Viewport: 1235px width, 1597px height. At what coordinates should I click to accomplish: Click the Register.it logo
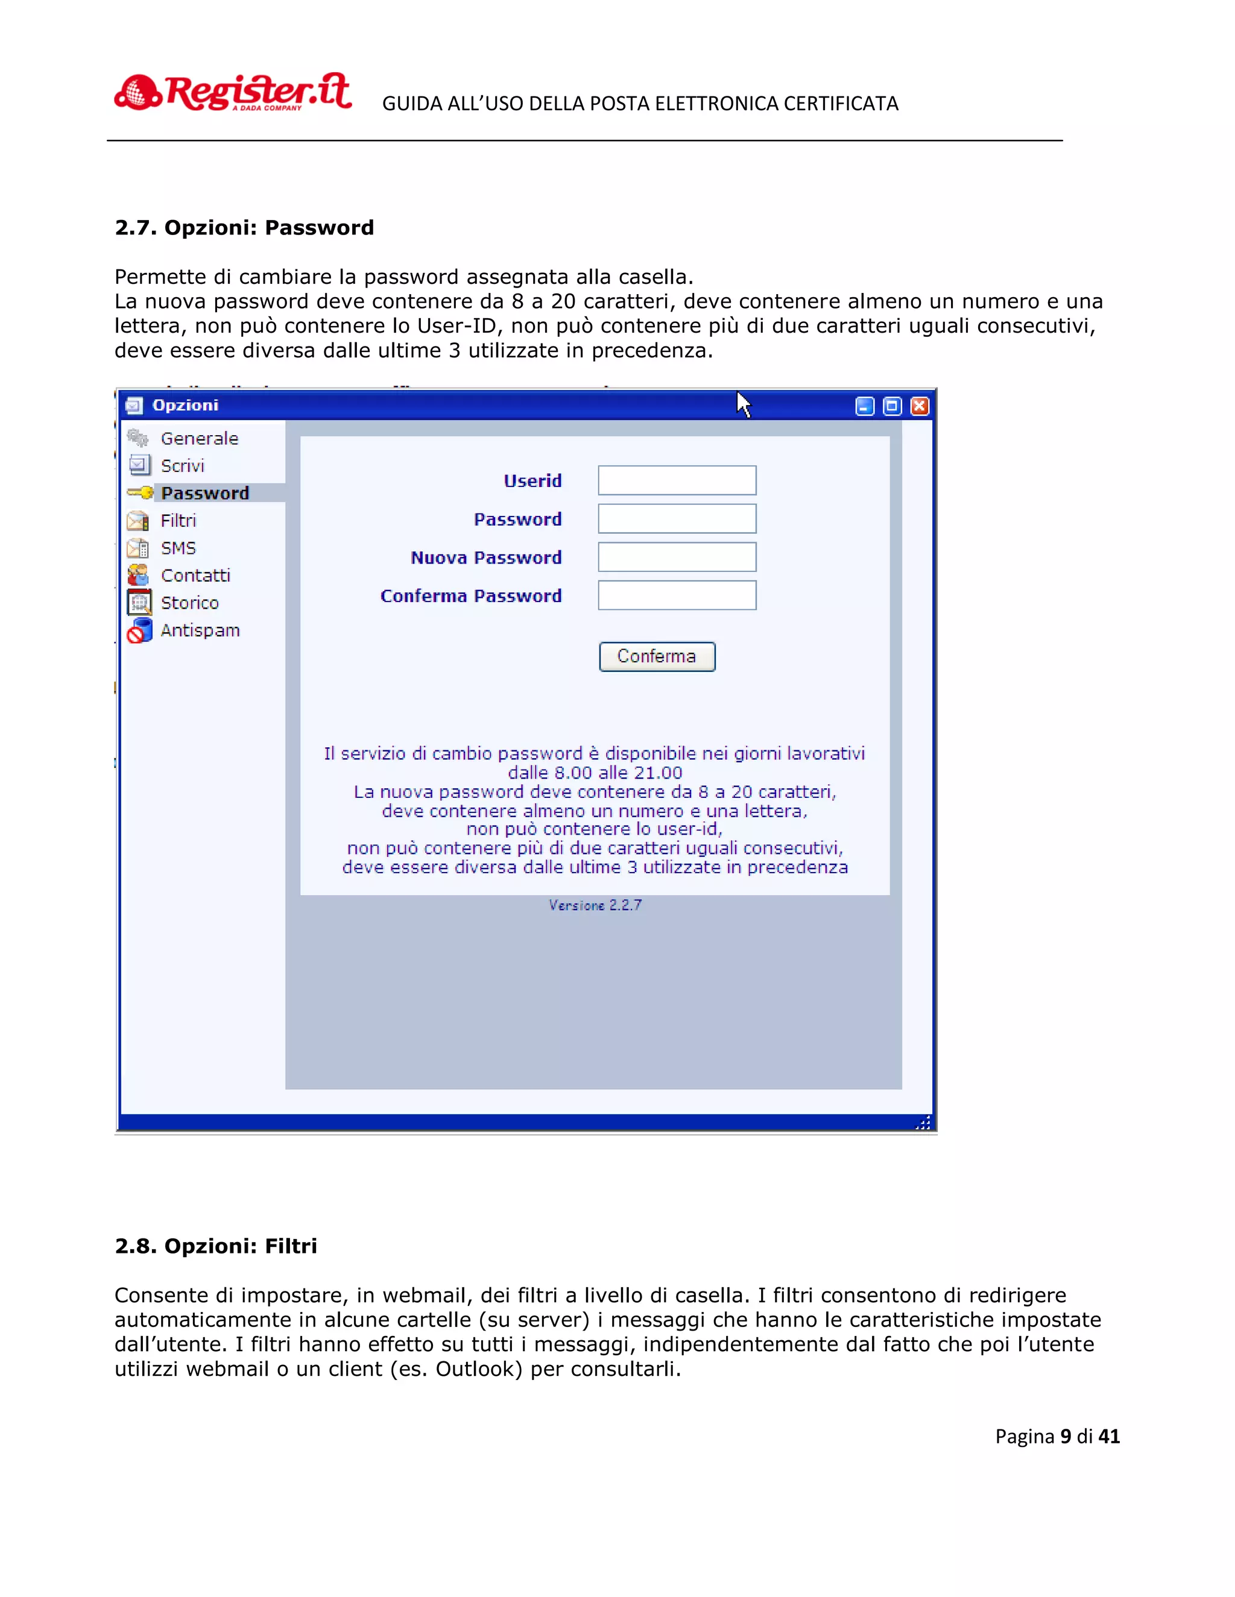(x=233, y=93)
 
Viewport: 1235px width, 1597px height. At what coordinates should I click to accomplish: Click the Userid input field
(x=677, y=480)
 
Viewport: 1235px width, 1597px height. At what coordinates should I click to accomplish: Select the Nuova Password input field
(x=677, y=557)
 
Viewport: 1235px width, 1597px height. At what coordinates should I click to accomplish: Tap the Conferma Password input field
(x=677, y=595)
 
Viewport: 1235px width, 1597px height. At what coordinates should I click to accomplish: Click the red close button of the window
(x=920, y=406)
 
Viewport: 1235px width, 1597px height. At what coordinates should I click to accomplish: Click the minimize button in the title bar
(x=865, y=406)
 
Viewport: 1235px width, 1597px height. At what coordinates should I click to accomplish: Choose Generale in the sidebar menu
(x=199, y=438)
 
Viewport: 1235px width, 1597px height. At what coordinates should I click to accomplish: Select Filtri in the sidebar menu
(x=178, y=521)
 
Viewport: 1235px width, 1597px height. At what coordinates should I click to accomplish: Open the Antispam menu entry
(x=200, y=630)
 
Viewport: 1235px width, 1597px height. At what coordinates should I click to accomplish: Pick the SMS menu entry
(x=178, y=548)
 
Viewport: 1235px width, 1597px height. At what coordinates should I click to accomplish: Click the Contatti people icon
(x=138, y=576)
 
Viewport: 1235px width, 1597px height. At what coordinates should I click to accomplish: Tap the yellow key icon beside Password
(x=140, y=493)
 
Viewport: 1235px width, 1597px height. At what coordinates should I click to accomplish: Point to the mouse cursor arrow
(x=742, y=403)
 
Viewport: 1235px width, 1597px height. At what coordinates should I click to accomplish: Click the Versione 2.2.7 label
(x=595, y=905)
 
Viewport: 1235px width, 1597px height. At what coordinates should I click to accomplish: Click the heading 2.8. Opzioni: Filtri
(x=216, y=1246)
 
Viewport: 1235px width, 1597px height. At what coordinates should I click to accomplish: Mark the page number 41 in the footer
(x=1109, y=1436)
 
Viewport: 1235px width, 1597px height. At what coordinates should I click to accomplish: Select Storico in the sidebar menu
(x=189, y=603)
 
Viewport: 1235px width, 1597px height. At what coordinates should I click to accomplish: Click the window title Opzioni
(x=185, y=405)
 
